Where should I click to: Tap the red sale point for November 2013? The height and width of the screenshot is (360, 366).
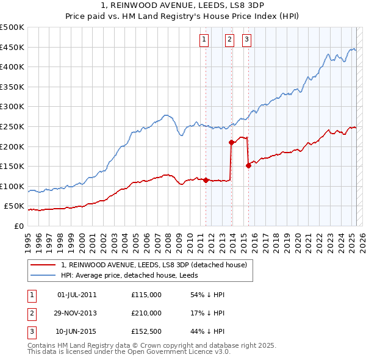232,143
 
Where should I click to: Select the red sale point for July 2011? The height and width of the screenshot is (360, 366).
206,180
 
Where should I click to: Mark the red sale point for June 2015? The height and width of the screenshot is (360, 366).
248,165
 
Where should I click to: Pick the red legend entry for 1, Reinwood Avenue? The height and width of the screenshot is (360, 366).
153,265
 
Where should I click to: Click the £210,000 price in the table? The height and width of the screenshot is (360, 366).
146,313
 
